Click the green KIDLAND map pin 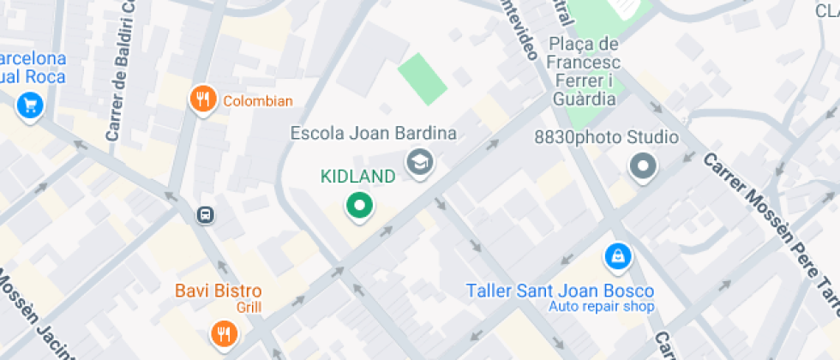click(359, 206)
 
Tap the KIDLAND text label click(358, 177)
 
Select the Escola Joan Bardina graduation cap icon click(419, 161)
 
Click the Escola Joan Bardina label click(373, 134)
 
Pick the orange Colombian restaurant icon click(202, 99)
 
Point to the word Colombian click(258, 101)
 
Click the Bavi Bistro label click(219, 291)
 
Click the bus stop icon click(206, 214)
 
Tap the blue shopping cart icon click(31, 106)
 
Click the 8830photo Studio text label click(606, 137)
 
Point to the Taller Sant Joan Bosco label click(560, 291)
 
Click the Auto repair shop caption click(602, 307)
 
